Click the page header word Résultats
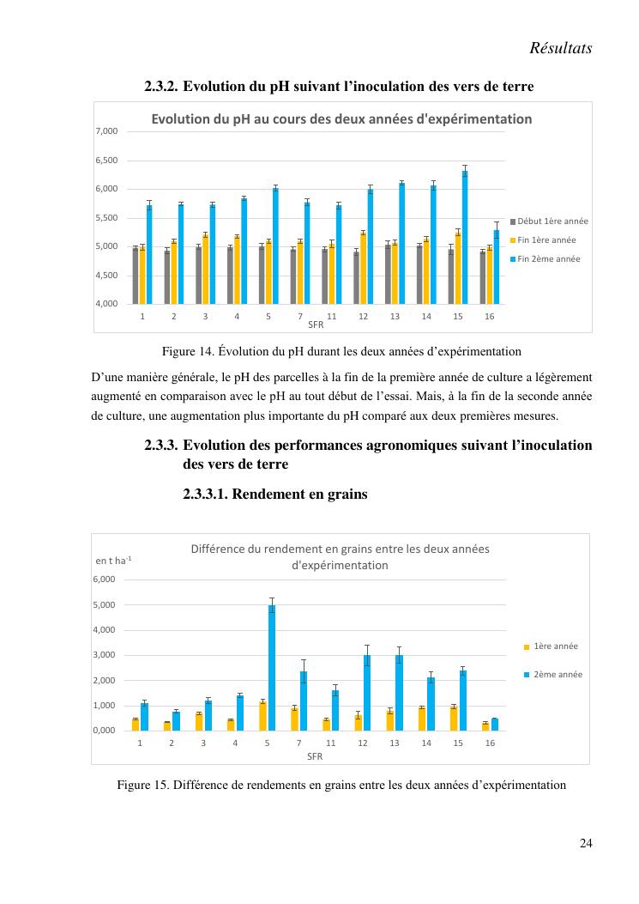click(561, 49)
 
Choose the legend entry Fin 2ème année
click(549, 258)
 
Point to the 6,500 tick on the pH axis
click(106, 161)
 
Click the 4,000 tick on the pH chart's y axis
click(106, 304)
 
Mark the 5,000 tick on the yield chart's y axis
click(103, 605)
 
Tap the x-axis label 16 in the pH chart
click(489, 317)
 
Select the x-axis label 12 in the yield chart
click(363, 743)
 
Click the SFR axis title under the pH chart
click(315, 325)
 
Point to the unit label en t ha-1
click(113, 561)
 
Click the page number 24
click(586, 843)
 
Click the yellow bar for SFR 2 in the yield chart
click(167, 726)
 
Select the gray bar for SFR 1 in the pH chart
click(136, 276)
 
